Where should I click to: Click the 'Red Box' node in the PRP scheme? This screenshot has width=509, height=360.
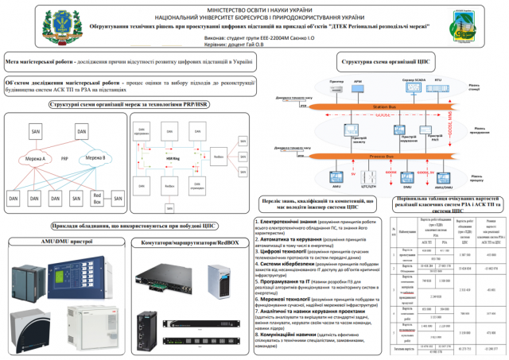(97, 195)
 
